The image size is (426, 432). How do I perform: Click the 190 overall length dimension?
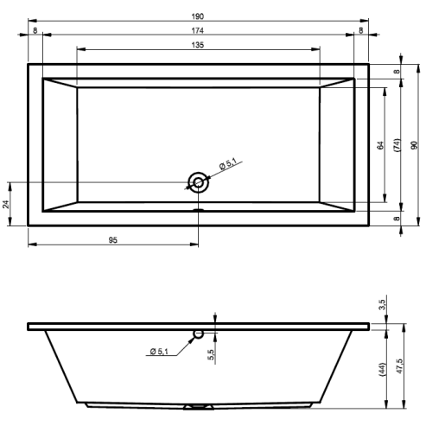[198, 16]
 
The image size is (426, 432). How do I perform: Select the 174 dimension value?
[198, 30]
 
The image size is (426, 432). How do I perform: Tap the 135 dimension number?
[198, 45]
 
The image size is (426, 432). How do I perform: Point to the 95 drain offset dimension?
[113, 240]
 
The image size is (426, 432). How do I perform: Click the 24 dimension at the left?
[6, 204]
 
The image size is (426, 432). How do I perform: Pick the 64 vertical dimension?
[380, 145]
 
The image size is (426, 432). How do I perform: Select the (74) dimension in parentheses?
[397, 145]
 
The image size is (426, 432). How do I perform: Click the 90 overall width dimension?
[414, 145]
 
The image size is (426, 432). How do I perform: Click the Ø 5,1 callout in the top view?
[227, 164]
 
